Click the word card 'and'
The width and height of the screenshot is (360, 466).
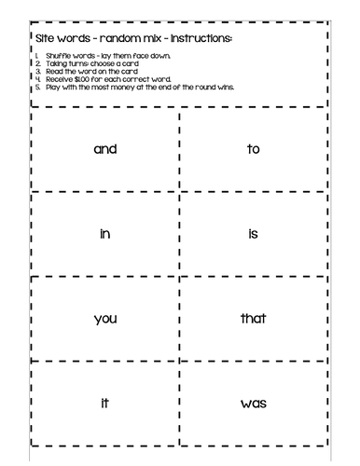coord(104,148)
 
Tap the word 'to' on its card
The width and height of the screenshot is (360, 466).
coord(253,148)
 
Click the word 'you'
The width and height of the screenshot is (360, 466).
coord(104,320)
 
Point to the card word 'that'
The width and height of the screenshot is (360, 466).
coord(253,319)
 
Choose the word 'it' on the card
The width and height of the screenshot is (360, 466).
coord(104,403)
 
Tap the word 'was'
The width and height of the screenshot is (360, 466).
coord(253,404)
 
